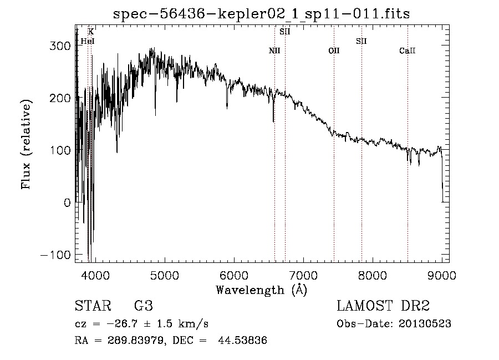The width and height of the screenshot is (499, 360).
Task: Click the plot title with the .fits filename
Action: click(261, 14)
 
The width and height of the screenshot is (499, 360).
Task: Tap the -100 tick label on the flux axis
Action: click(55, 255)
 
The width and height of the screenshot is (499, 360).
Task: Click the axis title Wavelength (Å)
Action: click(261, 290)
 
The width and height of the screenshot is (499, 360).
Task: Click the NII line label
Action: click(274, 51)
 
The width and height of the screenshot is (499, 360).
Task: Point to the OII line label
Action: click(334, 51)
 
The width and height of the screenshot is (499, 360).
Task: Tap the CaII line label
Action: click(408, 51)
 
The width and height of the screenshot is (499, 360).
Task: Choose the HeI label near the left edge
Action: click(88, 41)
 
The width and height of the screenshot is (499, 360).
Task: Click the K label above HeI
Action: click(91, 32)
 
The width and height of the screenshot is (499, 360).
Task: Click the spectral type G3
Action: click(142, 306)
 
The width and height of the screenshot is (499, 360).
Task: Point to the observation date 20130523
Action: click(424, 324)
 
